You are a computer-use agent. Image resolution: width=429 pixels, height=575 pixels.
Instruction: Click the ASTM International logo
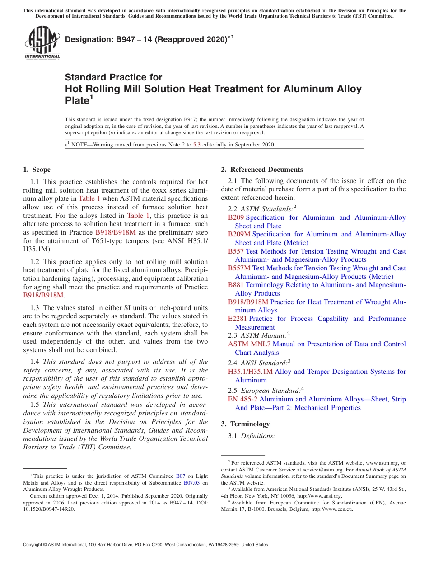click(x=42, y=42)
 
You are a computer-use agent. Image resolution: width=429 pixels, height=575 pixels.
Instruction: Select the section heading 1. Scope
click(x=37, y=170)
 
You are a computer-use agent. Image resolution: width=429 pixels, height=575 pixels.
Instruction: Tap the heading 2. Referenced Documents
click(x=262, y=170)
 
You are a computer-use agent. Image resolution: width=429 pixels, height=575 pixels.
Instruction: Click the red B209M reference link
click(x=239, y=234)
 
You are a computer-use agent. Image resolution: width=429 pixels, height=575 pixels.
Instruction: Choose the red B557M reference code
click(x=239, y=268)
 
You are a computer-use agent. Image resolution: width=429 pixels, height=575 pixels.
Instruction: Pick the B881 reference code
click(x=236, y=285)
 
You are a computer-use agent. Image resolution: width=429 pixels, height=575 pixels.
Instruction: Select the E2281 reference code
click(x=238, y=319)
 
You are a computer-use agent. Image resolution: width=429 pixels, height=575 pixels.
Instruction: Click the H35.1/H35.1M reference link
click(x=250, y=372)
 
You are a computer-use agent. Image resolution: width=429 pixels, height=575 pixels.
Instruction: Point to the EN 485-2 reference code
click(x=242, y=399)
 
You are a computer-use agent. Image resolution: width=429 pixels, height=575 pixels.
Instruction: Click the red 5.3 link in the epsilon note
click(x=196, y=145)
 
